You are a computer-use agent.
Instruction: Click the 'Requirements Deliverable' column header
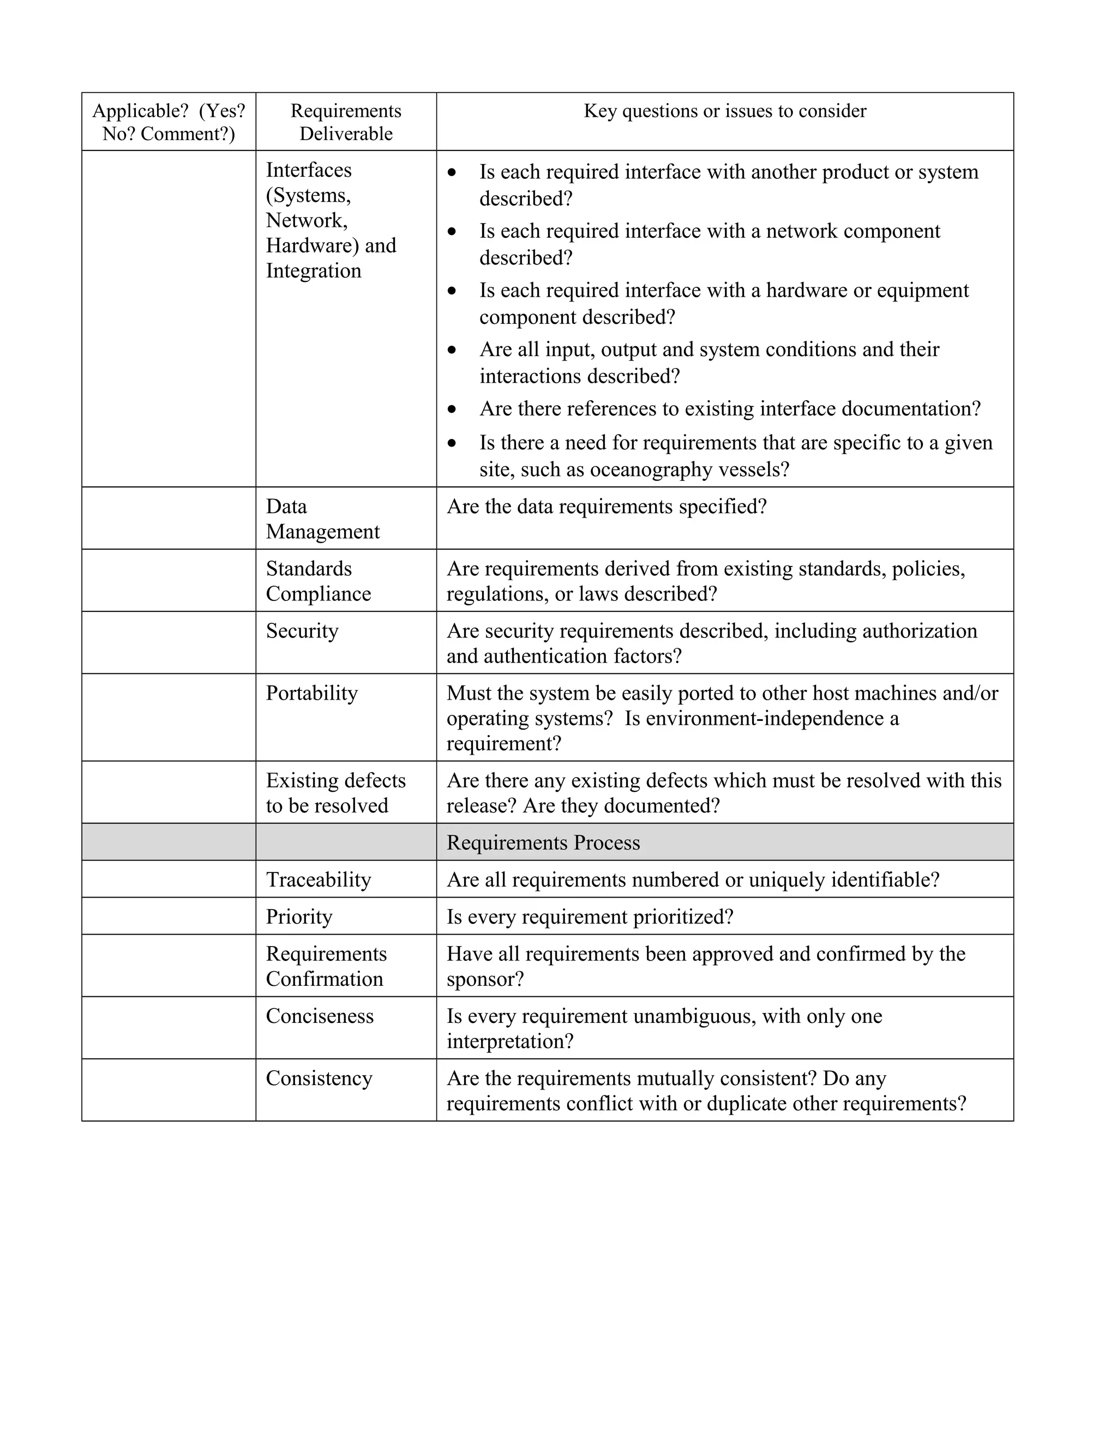[x=345, y=122]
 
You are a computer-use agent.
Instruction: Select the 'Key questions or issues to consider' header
[x=725, y=111]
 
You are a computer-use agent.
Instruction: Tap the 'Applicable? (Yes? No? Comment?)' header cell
[x=169, y=122]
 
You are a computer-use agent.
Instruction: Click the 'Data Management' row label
[x=322, y=519]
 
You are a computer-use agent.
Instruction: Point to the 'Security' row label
[x=302, y=630]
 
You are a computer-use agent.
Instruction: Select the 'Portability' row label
[x=311, y=693]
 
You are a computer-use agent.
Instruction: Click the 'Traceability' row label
[x=319, y=880]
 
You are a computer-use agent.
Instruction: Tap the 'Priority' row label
[x=299, y=917]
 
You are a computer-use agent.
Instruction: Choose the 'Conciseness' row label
[x=320, y=1016]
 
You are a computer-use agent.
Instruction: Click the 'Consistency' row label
[x=319, y=1078]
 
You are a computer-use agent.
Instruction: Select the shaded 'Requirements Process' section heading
[x=543, y=842]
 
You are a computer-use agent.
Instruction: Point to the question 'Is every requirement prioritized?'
[x=590, y=917]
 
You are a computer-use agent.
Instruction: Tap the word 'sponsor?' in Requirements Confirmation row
[x=485, y=979]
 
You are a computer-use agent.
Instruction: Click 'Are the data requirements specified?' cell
[x=606, y=506]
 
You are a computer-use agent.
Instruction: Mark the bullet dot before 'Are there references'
[x=452, y=410]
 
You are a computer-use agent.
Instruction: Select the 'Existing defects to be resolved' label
[x=335, y=793]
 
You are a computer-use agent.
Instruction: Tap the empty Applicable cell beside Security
[x=169, y=642]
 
